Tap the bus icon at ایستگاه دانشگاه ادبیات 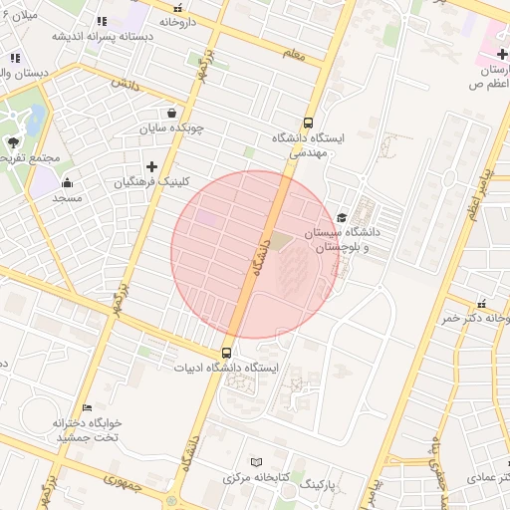(227, 353)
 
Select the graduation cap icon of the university (342, 217)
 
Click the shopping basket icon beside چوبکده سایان (172, 113)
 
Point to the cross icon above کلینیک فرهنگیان (151, 166)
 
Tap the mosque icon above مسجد (67, 181)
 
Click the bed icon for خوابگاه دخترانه (87, 408)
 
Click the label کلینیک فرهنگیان (151, 182)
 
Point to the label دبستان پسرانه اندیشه (89, 36)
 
